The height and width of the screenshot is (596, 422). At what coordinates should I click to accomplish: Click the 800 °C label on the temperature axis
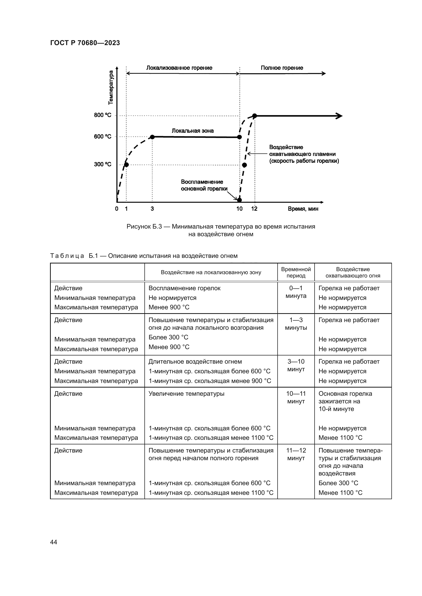(x=102, y=115)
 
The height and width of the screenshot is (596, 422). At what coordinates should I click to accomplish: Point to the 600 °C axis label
(x=102, y=137)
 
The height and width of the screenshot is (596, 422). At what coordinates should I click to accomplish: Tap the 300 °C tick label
(x=102, y=164)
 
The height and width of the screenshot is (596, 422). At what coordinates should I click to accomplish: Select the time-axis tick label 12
(x=254, y=209)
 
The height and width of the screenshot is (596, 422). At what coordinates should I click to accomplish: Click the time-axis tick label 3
(x=152, y=209)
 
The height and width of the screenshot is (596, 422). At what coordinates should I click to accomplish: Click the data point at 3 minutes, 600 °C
(x=152, y=137)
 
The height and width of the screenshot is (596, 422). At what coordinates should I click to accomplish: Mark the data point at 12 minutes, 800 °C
(x=255, y=116)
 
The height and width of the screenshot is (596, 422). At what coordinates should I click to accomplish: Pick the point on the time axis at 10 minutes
(x=239, y=200)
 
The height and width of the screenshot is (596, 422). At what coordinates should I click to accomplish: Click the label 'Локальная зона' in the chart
(x=193, y=131)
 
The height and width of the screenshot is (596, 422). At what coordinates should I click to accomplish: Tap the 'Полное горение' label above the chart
(x=282, y=68)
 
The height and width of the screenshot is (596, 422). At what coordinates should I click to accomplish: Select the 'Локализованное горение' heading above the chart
(x=179, y=68)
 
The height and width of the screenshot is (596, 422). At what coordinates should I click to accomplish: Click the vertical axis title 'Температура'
(x=111, y=87)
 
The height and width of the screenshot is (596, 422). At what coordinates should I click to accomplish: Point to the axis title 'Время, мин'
(x=303, y=209)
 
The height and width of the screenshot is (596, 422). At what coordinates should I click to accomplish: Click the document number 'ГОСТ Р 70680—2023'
(x=85, y=43)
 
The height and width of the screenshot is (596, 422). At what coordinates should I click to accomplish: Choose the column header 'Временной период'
(x=296, y=272)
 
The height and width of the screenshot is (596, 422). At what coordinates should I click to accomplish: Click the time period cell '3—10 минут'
(x=296, y=365)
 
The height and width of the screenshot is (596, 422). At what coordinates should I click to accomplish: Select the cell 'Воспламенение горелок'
(x=184, y=288)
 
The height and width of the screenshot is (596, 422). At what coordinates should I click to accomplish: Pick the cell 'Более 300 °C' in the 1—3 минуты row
(x=168, y=337)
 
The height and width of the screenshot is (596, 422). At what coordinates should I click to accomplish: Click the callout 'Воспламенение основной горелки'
(x=202, y=185)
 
